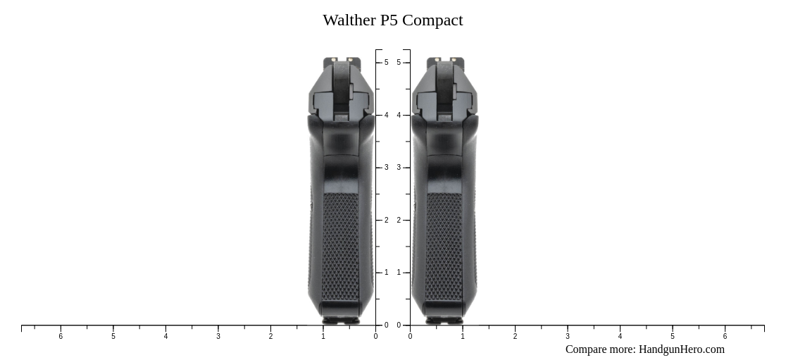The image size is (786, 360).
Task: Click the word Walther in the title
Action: (349, 20)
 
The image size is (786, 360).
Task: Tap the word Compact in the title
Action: (432, 20)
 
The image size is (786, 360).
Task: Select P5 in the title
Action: (389, 20)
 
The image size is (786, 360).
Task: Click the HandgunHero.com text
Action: (681, 349)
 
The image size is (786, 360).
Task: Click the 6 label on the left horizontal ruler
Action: (61, 337)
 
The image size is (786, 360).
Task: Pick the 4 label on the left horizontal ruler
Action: (166, 337)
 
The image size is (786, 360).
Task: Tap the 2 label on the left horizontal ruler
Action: (270, 337)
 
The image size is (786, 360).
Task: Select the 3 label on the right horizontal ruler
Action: (568, 337)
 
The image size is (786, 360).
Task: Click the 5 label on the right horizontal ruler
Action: (673, 337)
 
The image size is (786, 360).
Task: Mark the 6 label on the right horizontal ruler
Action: (725, 337)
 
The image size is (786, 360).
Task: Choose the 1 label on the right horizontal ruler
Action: (463, 337)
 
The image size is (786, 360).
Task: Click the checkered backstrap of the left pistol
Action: (341, 247)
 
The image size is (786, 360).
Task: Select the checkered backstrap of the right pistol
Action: (444, 247)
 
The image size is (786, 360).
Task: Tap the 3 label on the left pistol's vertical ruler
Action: (386, 168)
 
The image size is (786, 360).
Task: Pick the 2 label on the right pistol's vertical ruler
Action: (399, 221)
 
